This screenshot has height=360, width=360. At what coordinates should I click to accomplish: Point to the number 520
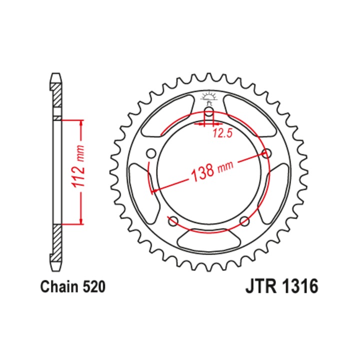(x=94, y=287)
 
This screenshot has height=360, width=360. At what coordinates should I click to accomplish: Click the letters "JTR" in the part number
(x=258, y=287)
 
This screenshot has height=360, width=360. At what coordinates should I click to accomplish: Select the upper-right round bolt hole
(x=266, y=153)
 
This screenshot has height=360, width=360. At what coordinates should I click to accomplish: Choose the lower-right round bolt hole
(x=244, y=220)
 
